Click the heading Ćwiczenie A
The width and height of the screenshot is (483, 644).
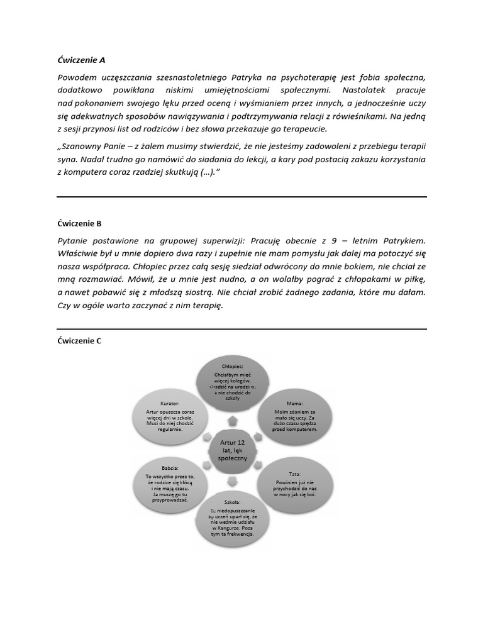coord(81,60)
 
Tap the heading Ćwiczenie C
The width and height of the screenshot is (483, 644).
coord(79,341)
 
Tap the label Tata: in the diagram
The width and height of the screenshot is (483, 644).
coord(295,474)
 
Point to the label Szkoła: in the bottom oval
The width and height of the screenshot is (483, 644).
coord(232,503)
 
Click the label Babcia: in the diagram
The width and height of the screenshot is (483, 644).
coord(170,468)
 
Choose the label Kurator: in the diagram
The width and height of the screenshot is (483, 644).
coord(170,403)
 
